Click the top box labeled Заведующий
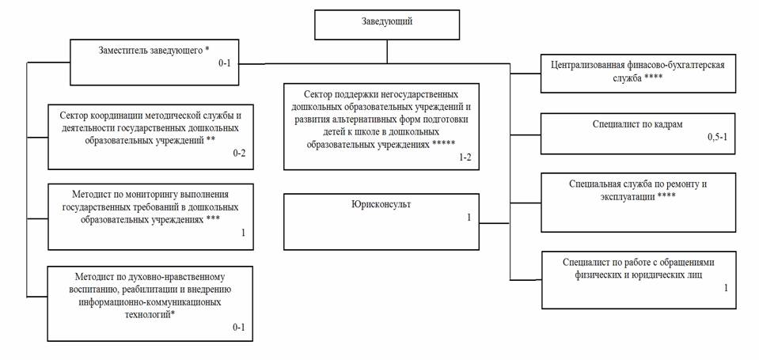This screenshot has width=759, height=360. (x=387, y=25)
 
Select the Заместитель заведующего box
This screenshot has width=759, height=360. (x=154, y=63)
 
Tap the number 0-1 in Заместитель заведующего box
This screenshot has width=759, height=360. (x=226, y=63)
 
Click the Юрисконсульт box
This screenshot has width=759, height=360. (x=381, y=222)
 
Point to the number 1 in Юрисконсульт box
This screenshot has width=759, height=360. (x=469, y=218)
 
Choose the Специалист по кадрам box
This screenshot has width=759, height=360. (x=638, y=134)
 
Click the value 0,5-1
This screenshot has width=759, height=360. (x=717, y=137)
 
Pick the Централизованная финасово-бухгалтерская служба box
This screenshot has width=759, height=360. (x=638, y=73)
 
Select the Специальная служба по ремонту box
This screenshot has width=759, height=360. (x=638, y=203)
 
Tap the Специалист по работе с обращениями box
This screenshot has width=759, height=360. (x=639, y=279)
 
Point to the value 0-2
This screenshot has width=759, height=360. (x=240, y=153)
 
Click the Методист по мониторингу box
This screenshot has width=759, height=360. (x=150, y=216)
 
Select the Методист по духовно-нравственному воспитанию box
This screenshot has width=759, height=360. (x=150, y=303)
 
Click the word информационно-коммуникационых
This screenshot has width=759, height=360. (x=150, y=302)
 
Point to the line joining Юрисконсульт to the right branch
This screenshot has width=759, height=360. (x=495, y=223)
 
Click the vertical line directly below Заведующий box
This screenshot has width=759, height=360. (x=387, y=51)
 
